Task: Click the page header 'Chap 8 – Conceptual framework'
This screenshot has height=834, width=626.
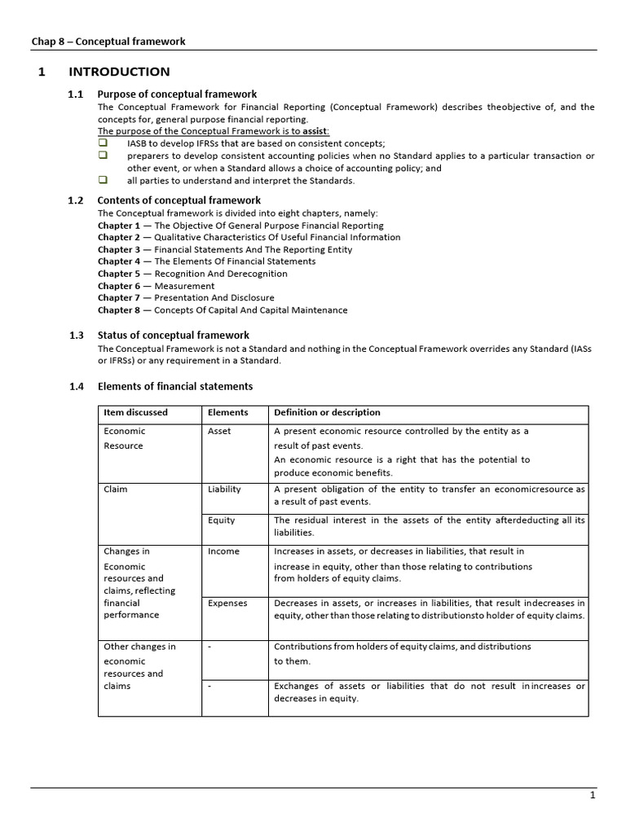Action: [108, 42]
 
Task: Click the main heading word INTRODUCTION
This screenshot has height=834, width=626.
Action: [119, 72]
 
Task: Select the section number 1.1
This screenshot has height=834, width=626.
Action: [76, 94]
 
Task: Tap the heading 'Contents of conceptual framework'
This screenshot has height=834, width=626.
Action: [179, 200]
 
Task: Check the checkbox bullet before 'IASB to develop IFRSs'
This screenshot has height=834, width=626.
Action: [103, 143]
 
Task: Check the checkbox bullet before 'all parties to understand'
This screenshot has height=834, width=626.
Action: [103, 180]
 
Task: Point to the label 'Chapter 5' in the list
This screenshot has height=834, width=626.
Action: [119, 274]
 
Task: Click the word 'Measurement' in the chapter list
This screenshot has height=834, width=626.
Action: [184, 286]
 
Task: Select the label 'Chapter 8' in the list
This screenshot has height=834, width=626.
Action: [119, 310]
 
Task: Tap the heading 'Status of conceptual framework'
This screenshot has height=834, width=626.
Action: [173, 335]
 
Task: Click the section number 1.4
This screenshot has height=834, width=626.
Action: [76, 386]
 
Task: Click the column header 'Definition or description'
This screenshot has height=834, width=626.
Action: [327, 413]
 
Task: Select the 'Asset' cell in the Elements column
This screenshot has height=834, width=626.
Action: [219, 432]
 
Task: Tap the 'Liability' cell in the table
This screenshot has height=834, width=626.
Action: [224, 489]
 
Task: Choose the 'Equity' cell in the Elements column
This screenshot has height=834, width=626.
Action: [221, 520]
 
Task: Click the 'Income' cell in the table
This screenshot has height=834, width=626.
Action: [223, 551]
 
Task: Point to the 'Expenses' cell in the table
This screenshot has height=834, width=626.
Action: [227, 604]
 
